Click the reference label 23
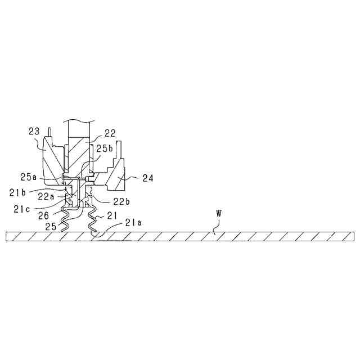[x=34, y=132]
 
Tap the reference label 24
[x=148, y=179]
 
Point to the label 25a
[x=29, y=177]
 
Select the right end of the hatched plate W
[x=352, y=237]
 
